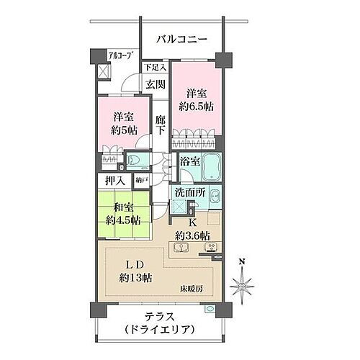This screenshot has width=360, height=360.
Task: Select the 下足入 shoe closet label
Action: tap(155, 68)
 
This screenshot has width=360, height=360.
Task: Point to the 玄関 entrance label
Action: tap(155, 84)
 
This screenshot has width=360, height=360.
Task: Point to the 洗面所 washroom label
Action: tap(192, 193)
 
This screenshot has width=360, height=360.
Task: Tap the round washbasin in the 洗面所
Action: tap(215, 195)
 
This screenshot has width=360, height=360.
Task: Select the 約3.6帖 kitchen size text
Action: tap(193, 235)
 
